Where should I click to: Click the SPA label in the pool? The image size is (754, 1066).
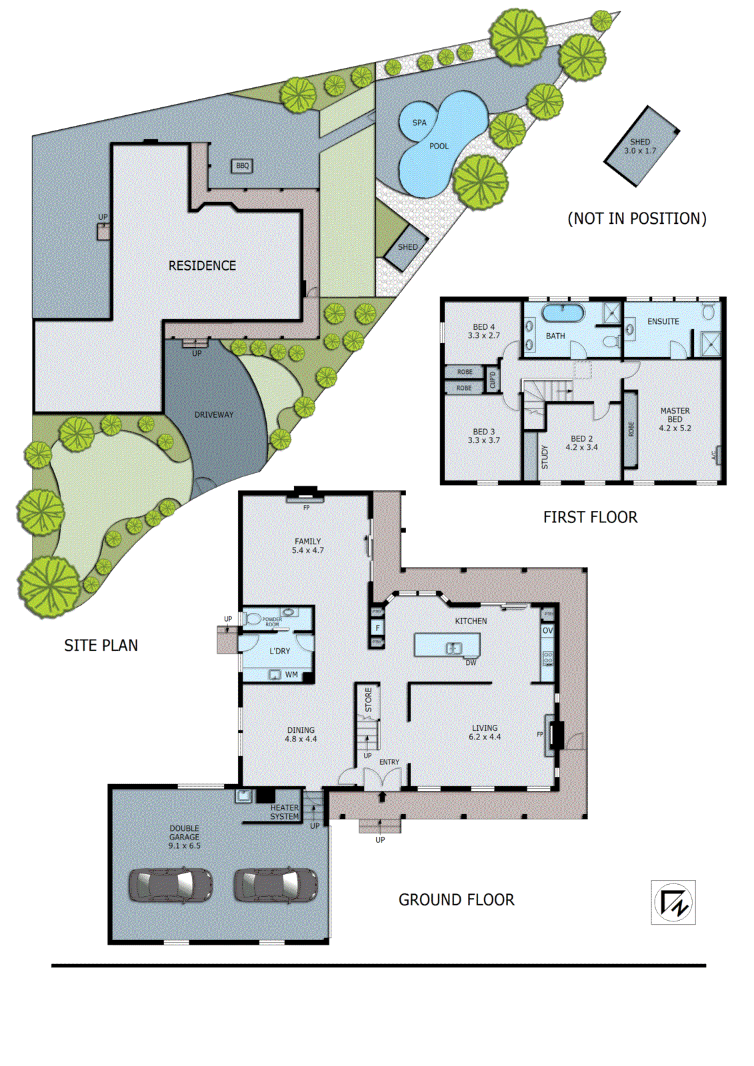419,123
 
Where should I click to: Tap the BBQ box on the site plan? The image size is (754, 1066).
242,166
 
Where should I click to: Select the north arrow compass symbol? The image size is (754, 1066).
673,903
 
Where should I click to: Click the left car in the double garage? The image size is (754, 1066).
171,885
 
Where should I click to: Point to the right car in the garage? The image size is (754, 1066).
276,885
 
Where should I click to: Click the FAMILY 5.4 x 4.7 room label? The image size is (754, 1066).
307,546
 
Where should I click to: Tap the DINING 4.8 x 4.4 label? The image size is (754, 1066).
301,734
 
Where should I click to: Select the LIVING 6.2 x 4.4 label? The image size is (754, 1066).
485,732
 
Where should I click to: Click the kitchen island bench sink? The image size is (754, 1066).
453,648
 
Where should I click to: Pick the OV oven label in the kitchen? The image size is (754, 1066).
547,630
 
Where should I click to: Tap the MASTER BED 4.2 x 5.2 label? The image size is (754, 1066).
675,419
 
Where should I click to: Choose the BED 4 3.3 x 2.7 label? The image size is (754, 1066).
483,331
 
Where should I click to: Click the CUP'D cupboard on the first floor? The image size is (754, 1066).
493,380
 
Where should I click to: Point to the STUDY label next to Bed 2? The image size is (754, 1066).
544,457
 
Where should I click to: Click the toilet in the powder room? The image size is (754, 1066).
253,619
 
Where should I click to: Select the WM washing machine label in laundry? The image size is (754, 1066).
291,675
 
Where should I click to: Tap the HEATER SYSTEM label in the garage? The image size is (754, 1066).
285,811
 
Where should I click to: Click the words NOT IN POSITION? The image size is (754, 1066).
637,219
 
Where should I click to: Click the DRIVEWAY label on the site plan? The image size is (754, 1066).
214,414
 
